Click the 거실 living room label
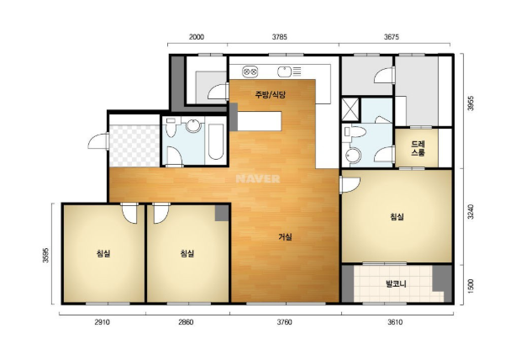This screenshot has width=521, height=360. point(285,237)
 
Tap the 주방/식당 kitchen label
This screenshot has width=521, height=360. point(270,95)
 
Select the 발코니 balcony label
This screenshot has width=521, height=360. point(396,284)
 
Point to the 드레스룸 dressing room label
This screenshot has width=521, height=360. point(418,148)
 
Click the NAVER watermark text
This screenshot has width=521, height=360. point(258,178)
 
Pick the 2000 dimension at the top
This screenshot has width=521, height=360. point(197,37)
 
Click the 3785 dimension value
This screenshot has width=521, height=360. point(280,37)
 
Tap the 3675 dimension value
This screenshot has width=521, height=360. point(392,37)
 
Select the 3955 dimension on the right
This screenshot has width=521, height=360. point(471,103)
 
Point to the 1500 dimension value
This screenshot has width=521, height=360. point(471,286)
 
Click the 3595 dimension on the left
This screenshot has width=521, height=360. point(45,255)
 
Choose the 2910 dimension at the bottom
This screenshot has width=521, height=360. point(102,322)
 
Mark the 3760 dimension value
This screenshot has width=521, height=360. point(284,322)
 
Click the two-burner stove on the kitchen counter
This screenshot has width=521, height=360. point(250,71)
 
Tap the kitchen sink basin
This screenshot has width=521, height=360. point(284,71)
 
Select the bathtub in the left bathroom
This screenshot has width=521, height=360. point(216,142)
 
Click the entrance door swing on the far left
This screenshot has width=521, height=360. point(98,141)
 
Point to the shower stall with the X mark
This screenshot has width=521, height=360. point(350,109)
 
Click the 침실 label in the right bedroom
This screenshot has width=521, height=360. point(397,217)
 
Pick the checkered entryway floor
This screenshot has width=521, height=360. point(134,146)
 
